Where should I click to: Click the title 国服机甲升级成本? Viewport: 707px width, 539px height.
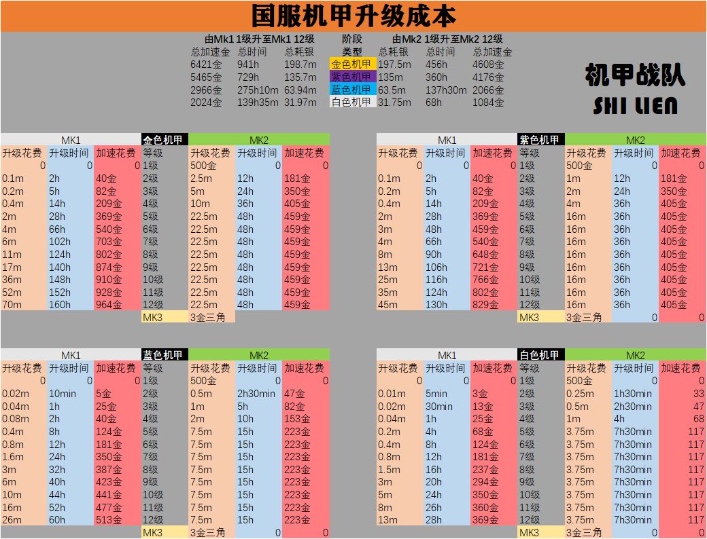pyautogui.click(x=353, y=16)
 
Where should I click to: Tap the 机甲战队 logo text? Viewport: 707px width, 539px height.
pyautogui.click(x=634, y=77)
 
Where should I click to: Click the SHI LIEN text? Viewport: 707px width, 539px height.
pyautogui.click(x=634, y=106)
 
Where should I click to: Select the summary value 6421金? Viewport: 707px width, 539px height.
pyautogui.click(x=207, y=64)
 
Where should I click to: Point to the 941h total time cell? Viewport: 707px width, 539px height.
pyautogui.click(x=249, y=64)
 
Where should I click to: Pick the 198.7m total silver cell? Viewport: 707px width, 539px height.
pyautogui.click(x=300, y=64)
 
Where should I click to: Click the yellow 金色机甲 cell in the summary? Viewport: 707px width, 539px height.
pyautogui.click(x=352, y=64)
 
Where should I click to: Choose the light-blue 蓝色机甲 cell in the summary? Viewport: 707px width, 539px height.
pyautogui.click(x=352, y=90)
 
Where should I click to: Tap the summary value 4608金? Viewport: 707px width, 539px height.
pyautogui.click(x=489, y=64)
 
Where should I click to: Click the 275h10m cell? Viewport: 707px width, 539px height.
pyautogui.click(x=258, y=90)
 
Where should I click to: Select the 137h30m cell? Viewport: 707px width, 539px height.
pyautogui.click(x=446, y=90)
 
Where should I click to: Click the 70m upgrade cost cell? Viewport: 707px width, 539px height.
pyautogui.click(x=12, y=305)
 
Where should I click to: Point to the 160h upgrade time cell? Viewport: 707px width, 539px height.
pyautogui.click(x=60, y=305)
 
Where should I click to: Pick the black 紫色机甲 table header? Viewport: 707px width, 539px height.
pyautogui.click(x=540, y=140)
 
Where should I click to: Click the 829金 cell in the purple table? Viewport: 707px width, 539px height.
pyautogui.click(x=485, y=305)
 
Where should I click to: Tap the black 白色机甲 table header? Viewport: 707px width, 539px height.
pyautogui.click(x=540, y=355)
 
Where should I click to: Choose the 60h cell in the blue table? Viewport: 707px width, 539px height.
pyautogui.click(x=57, y=520)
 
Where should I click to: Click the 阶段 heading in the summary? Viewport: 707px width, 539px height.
pyautogui.click(x=352, y=39)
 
